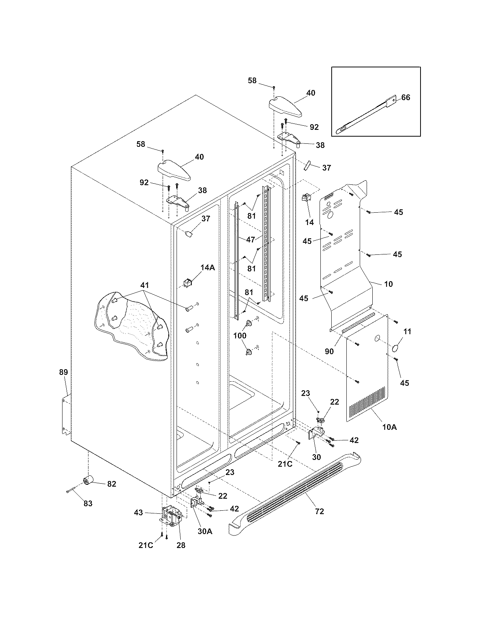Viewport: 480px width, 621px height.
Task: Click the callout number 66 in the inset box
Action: [x=405, y=97]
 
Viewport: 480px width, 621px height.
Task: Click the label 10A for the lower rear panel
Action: [x=389, y=427]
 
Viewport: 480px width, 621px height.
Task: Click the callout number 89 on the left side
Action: [x=63, y=372]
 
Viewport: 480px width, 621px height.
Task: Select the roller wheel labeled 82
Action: [x=89, y=480]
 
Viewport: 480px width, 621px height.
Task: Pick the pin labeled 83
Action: [x=70, y=490]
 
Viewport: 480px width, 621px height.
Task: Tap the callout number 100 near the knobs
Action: [x=240, y=335]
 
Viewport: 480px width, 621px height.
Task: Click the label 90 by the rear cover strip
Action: [x=329, y=351]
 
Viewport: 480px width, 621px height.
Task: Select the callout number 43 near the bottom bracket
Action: [x=139, y=512]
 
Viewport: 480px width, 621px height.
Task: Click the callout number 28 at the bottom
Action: [x=181, y=545]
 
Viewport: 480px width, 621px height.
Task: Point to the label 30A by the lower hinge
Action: [x=205, y=531]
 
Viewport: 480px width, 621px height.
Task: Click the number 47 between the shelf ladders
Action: [x=251, y=239]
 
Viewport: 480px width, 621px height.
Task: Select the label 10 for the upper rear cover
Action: [x=388, y=284]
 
